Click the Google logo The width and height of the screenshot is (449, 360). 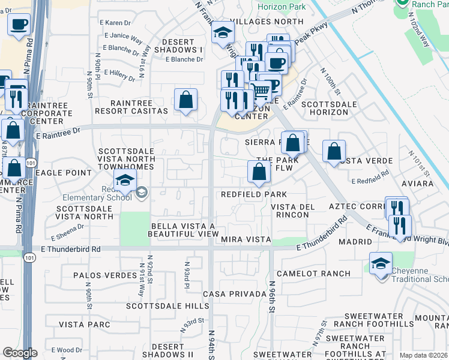(x=20, y=353)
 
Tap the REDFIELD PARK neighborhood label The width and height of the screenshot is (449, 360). (x=253, y=194)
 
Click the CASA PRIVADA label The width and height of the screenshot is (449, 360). (x=234, y=294)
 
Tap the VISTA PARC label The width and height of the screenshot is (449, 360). (x=85, y=325)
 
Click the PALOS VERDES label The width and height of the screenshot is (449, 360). (x=105, y=275)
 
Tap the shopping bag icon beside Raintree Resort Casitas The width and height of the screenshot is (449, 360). (x=186, y=100)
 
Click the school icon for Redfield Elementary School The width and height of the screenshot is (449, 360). (x=124, y=179)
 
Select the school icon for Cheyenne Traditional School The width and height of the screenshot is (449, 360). (x=381, y=264)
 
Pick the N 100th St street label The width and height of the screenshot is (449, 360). (x=334, y=85)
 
